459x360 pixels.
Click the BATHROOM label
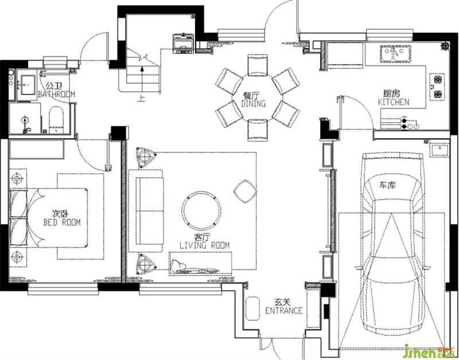tap(56, 94)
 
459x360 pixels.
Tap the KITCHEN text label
tap(394, 102)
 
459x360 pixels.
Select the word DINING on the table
tap(254, 104)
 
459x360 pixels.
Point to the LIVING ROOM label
tap(204, 245)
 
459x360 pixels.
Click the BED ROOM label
tap(62, 222)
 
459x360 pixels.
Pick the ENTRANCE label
tap(283, 310)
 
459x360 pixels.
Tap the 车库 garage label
tap(388, 185)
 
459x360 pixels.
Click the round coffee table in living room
tap(201, 210)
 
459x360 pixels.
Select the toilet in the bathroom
tap(56, 120)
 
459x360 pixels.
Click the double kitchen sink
tap(395, 54)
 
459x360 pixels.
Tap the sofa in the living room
tap(146, 210)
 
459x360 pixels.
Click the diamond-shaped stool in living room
tap(246, 191)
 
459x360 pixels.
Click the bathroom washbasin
tap(28, 85)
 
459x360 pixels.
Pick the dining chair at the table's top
tap(258, 65)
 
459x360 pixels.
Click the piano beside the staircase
tap(183, 44)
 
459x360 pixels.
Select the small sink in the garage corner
tap(439, 150)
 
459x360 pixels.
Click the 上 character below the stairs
tap(141, 98)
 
